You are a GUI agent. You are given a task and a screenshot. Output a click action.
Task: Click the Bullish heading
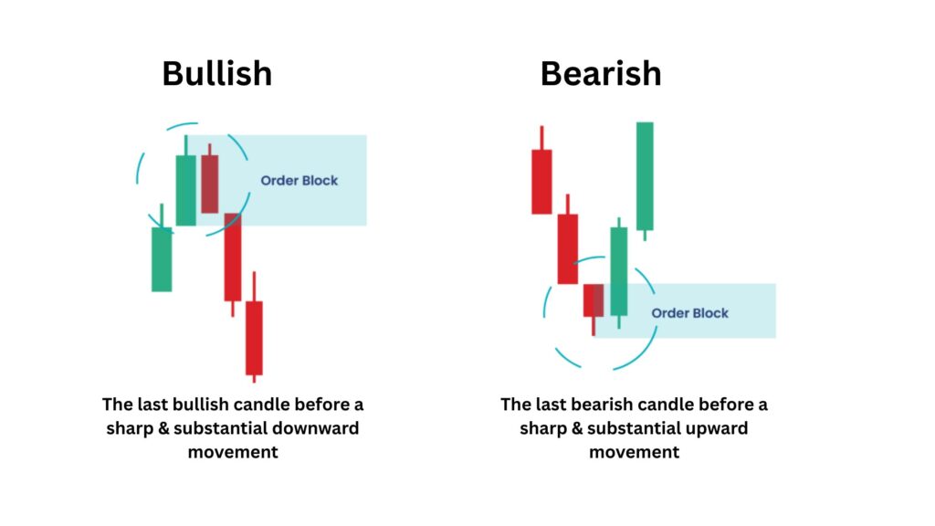pos(217,73)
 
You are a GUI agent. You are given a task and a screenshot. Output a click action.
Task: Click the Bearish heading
pos(601,73)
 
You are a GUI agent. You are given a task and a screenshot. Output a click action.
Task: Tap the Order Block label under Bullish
pos(299,180)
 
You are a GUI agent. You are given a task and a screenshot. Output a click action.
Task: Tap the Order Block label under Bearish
pos(690,313)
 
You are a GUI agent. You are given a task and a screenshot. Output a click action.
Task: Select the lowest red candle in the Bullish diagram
pos(254,338)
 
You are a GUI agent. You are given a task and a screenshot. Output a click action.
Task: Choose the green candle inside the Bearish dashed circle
pos(619,271)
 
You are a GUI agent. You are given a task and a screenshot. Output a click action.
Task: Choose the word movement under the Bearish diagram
pos(634,452)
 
